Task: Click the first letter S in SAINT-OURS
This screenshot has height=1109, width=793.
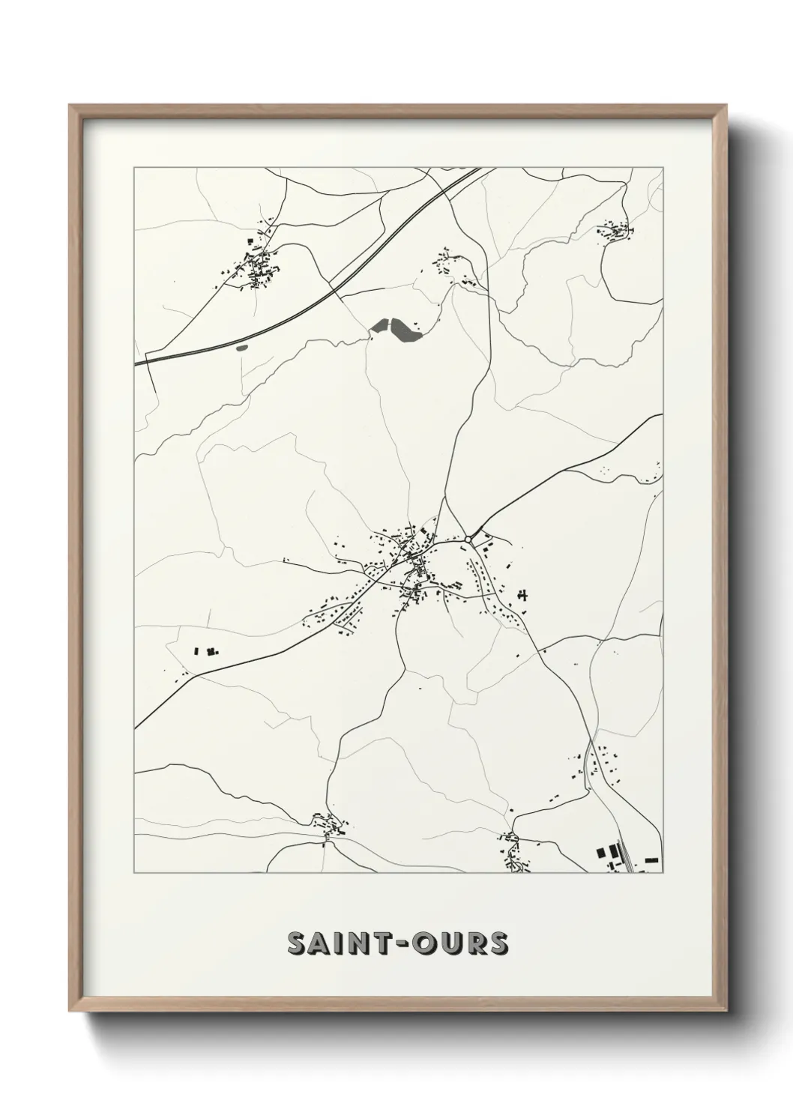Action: [297, 943]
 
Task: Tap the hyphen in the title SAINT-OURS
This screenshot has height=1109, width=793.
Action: [402, 944]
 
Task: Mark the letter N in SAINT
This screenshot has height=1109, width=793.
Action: [361, 943]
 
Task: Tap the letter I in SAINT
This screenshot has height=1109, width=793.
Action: [342, 943]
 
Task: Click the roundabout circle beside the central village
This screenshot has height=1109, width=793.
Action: [468, 539]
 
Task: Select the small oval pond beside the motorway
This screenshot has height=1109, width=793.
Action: [241, 348]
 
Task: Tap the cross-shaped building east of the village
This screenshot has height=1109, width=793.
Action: [522, 595]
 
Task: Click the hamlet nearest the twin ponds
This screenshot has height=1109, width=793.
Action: [452, 267]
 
